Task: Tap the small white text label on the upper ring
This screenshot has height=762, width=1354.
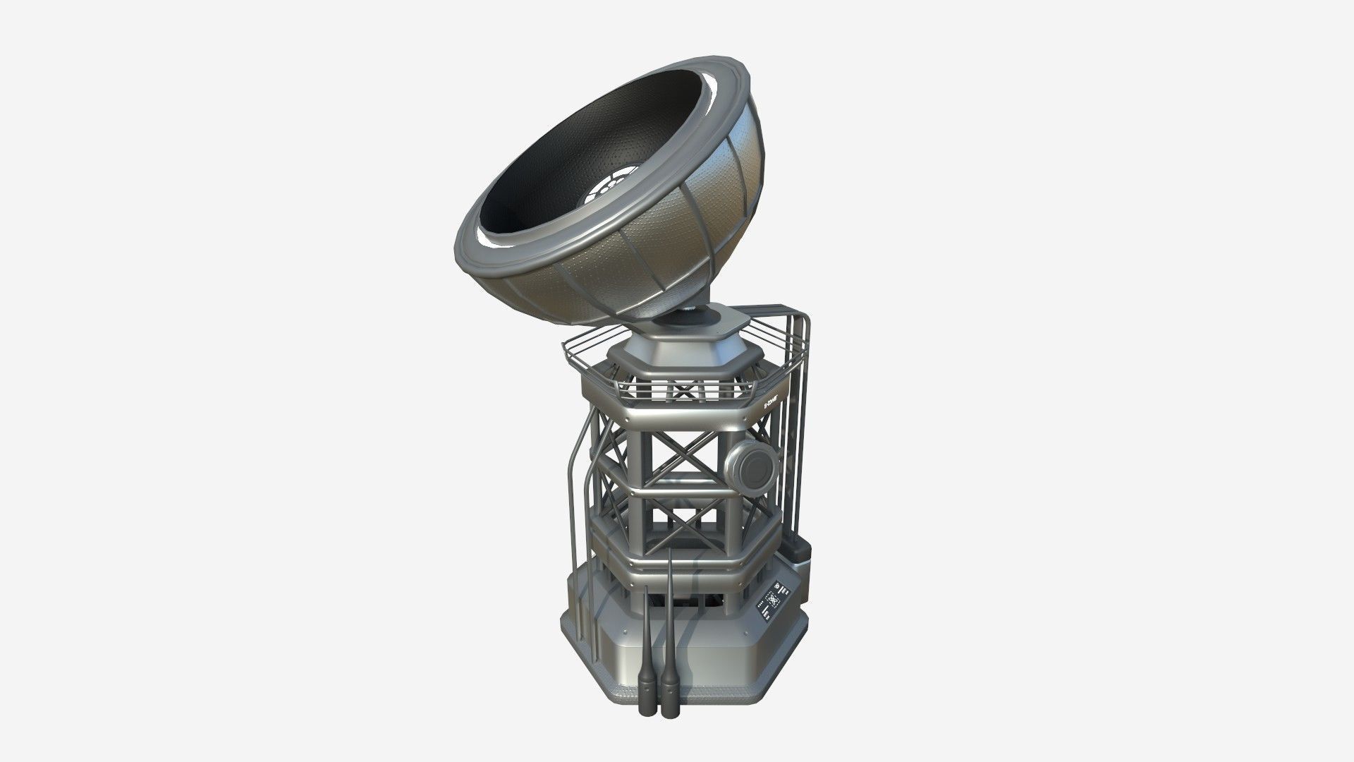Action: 774,407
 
